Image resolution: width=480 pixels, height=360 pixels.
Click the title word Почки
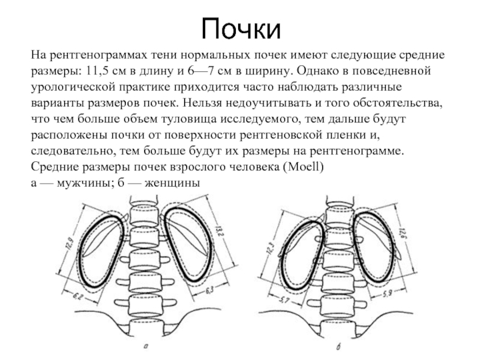(x=241, y=28)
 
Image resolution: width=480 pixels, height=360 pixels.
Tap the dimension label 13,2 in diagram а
(x=218, y=232)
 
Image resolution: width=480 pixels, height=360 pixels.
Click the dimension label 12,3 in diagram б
(x=271, y=247)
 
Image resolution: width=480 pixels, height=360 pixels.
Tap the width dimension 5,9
(x=387, y=293)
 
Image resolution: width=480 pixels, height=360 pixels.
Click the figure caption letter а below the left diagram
(x=146, y=347)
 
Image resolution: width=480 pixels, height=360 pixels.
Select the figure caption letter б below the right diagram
(x=338, y=347)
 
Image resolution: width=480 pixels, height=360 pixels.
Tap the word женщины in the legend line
(x=172, y=183)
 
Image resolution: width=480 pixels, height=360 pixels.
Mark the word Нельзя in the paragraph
(x=202, y=103)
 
